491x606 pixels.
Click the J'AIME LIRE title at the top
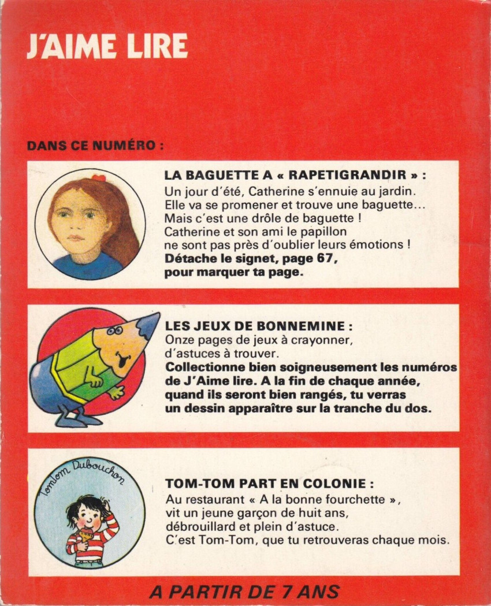(107, 46)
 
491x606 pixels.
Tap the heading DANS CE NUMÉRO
(95, 146)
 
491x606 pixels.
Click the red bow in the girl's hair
(99, 178)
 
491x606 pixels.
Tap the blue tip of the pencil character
(151, 324)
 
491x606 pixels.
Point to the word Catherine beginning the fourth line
(191, 232)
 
